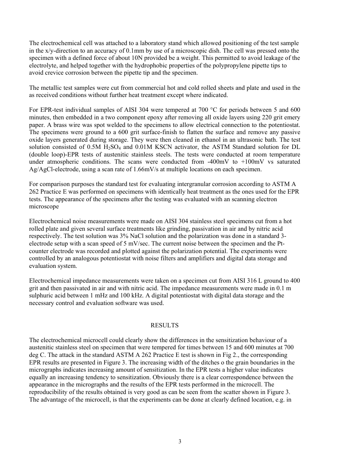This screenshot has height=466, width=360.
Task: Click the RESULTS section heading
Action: [x=164, y=325]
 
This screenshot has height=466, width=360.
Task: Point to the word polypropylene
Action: [x=219, y=66]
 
